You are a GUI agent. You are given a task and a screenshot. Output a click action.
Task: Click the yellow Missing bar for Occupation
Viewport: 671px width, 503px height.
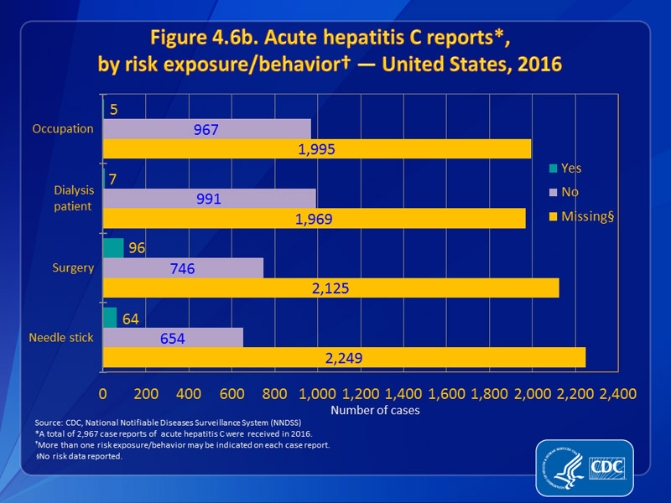[x=317, y=148]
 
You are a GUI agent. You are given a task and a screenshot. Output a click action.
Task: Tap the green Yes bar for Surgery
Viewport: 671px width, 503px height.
[x=113, y=247]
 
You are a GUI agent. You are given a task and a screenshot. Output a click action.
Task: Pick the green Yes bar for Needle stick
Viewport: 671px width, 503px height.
[x=110, y=317]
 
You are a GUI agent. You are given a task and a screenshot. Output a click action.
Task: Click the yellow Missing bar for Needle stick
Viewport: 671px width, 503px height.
[x=344, y=358]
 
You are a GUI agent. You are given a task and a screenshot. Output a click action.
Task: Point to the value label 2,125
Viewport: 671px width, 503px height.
[x=330, y=288]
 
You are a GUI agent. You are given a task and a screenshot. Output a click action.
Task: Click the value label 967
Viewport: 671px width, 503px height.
[x=205, y=130]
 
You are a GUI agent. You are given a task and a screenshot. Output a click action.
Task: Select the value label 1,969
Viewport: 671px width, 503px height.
[x=315, y=218]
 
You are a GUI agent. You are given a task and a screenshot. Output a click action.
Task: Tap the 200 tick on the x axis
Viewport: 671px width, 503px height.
[x=146, y=393]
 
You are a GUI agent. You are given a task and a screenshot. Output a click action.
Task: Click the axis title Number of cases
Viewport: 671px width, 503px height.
[x=375, y=411]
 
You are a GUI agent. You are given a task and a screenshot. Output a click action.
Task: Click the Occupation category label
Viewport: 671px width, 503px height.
[x=62, y=129]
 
